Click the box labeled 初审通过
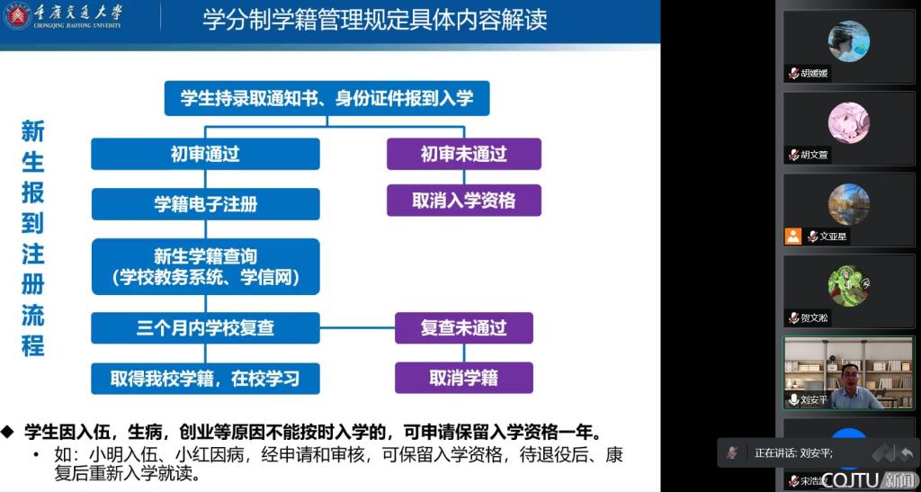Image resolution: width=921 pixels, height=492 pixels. click(x=205, y=154)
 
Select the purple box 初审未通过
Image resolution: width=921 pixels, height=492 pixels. click(x=463, y=154)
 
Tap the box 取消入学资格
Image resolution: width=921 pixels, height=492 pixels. click(x=463, y=201)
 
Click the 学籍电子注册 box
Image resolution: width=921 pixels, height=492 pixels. click(x=205, y=204)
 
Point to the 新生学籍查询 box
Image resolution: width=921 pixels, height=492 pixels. click(x=205, y=266)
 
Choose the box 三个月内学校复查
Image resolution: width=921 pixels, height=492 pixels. click(x=205, y=327)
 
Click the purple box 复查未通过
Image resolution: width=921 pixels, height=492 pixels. click(x=463, y=327)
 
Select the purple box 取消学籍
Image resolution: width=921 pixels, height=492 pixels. click(x=463, y=378)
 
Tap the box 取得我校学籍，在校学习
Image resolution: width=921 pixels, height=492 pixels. click(x=205, y=378)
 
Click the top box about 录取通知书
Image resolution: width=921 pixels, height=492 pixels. click(x=326, y=98)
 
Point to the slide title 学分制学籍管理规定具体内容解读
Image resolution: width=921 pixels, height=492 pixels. click(x=375, y=19)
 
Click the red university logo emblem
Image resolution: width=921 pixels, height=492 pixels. click(x=16, y=16)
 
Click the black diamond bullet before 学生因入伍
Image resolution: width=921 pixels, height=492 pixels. click(x=7, y=432)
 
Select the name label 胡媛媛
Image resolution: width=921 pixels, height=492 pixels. click(x=814, y=74)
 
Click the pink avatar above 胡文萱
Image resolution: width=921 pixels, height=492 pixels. click(x=849, y=122)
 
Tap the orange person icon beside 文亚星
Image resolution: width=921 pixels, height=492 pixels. click(x=793, y=236)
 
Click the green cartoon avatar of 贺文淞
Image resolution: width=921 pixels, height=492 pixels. click(x=849, y=286)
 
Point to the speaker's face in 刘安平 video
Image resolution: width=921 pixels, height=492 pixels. click(x=850, y=377)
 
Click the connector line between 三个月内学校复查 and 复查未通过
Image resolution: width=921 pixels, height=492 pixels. click(x=357, y=327)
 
